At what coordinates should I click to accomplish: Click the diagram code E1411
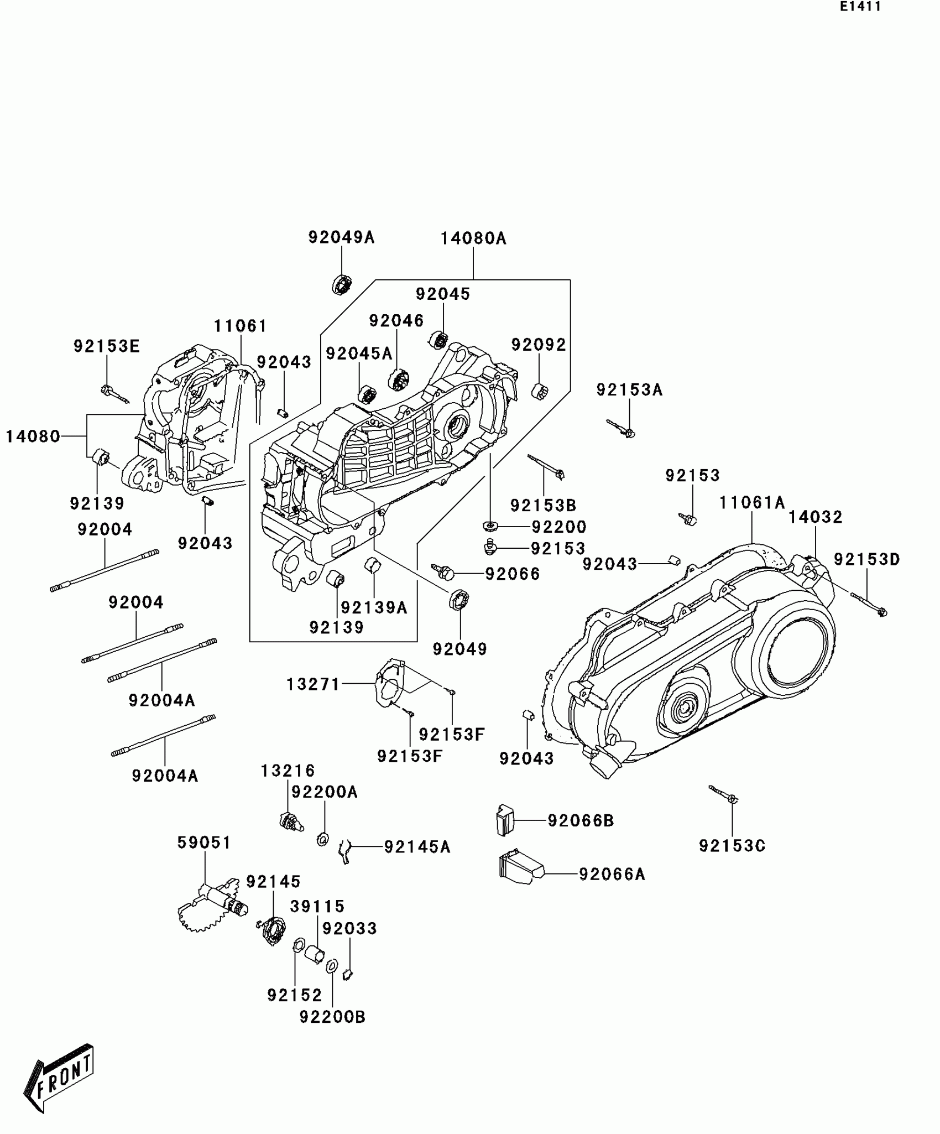coord(860,7)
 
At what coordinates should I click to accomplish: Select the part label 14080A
coord(473,238)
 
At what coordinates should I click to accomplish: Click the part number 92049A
coord(341,237)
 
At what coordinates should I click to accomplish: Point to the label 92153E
coord(107,346)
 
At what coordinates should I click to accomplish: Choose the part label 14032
coord(815,517)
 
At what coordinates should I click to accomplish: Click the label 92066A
coord(612,874)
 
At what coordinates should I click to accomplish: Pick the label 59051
coord(204,842)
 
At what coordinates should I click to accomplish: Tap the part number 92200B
coord(332,1017)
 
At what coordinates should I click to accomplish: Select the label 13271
coord(313,685)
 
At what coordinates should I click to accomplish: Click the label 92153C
coord(732,846)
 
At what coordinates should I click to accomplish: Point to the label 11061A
coord(752,503)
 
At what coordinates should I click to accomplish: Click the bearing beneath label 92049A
coord(342,284)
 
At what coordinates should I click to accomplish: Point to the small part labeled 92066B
coord(504,820)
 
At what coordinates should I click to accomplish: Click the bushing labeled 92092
coord(539,392)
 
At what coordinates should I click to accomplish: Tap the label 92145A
coord(417,847)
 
